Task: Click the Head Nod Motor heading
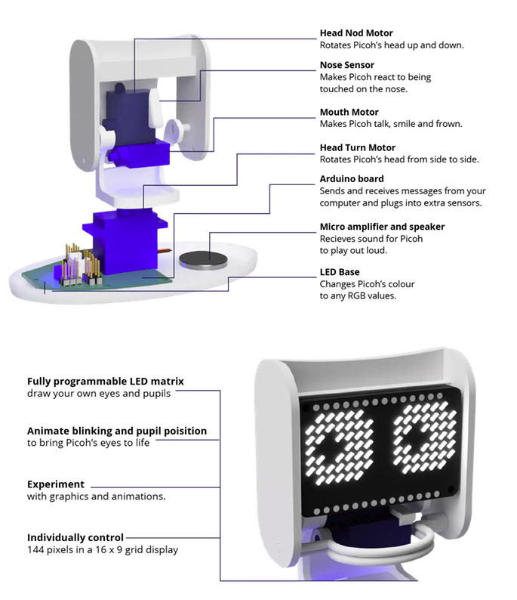coord(356,33)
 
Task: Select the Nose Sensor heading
coord(346,66)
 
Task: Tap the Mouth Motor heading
coord(349,113)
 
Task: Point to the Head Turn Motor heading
coord(357,147)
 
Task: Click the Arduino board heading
coord(352,179)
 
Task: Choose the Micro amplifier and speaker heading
coord(382,227)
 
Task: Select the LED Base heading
coord(340,272)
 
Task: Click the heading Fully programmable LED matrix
coord(106,382)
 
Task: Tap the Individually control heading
coord(75,537)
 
